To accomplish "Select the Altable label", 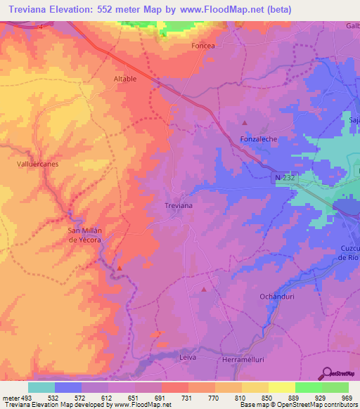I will (x=125, y=79).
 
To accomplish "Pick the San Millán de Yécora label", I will (x=84, y=235).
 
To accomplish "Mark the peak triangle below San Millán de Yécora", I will (x=120, y=268).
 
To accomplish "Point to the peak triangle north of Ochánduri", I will (x=205, y=289).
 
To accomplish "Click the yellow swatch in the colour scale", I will (x=281, y=387).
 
